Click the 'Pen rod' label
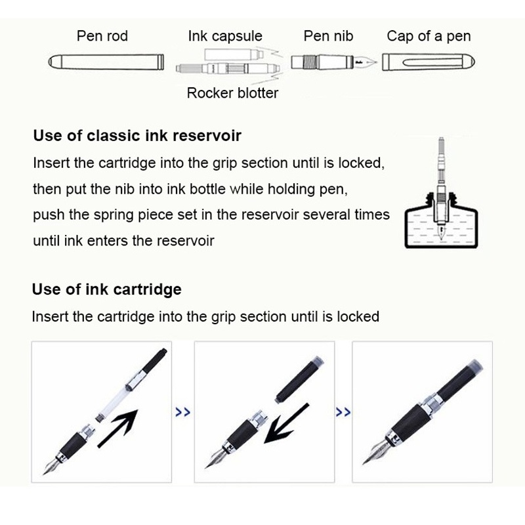[x=103, y=35]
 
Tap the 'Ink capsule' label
[x=224, y=35]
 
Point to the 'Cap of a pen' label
[x=429, y=35]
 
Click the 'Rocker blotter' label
[x=232, y=93]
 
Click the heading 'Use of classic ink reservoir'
[x=137, y=136]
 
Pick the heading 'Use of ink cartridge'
[x=107, y=289]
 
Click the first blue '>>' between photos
[x=183, y=412]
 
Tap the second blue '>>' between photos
[x=343, y=412]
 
